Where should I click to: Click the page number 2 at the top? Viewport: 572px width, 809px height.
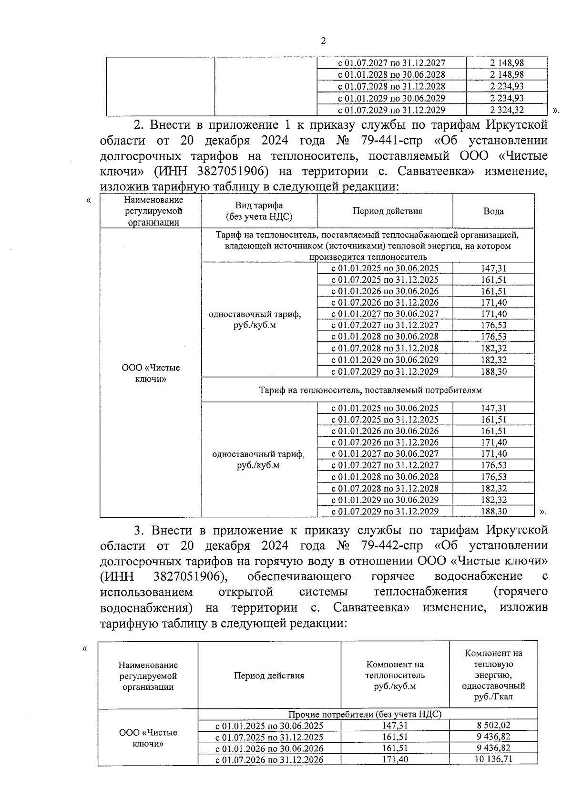[x=323, y=41]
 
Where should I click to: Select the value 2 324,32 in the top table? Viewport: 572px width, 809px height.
[x=506, y=110]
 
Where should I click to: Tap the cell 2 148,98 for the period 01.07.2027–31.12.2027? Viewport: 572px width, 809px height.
[x=506, y=63]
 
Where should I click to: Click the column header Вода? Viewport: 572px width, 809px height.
[x=493, y=211]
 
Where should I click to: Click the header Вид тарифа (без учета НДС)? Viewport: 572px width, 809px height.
[x=259, y=211]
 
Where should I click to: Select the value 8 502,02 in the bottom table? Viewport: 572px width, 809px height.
[x=493, y=726]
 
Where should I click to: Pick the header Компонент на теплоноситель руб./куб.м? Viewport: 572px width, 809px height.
[x=395, y=676]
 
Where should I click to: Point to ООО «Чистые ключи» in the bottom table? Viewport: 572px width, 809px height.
[x=148, y=738]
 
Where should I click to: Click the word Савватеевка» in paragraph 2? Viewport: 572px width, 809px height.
[x=439, y=171]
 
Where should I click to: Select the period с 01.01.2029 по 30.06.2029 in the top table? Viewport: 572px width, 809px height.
[x=391, y=98]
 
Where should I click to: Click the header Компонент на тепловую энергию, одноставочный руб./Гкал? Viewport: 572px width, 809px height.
[x=493, y=675]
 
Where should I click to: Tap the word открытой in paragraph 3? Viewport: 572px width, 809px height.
[x=245, y=592]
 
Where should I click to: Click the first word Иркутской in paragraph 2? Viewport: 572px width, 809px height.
[x=517, y=125]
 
